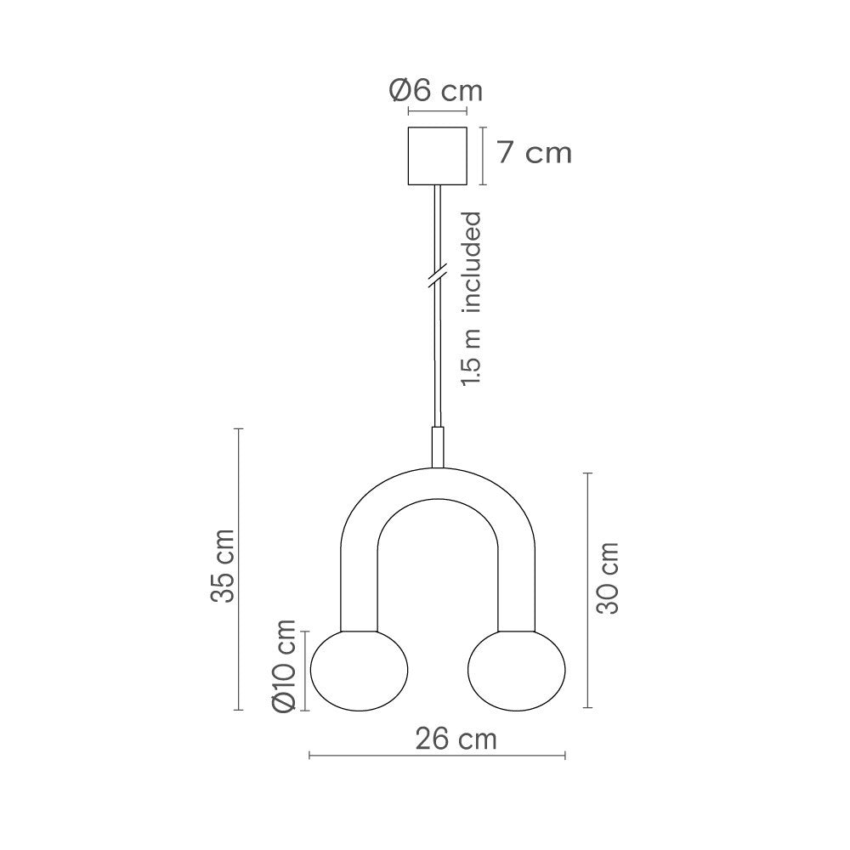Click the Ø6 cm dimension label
coord(436,90)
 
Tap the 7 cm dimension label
coord(534,154)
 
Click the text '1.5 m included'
coord(472,299)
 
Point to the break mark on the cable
coord(437,276)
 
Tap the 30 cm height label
coord(607,578)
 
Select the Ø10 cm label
coord(283,666)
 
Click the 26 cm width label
coord(456,739)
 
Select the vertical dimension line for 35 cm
coord(239,569)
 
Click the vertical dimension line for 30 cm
coord(586,590)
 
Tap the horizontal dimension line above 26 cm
coord(437,754)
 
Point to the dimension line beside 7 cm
coord(483,156)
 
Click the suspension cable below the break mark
coord(437,357)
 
